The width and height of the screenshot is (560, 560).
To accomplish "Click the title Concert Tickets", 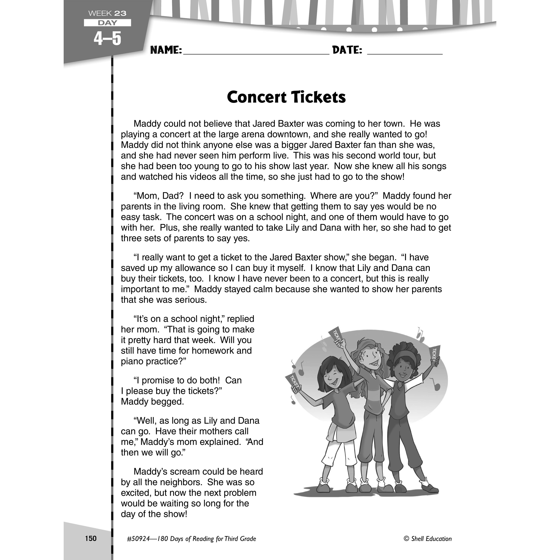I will pos(286,97).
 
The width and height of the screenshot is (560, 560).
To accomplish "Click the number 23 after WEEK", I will pos(120,13).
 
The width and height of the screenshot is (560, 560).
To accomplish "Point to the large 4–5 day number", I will pos(107,39).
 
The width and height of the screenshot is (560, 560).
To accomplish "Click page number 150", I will pos(91,539).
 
